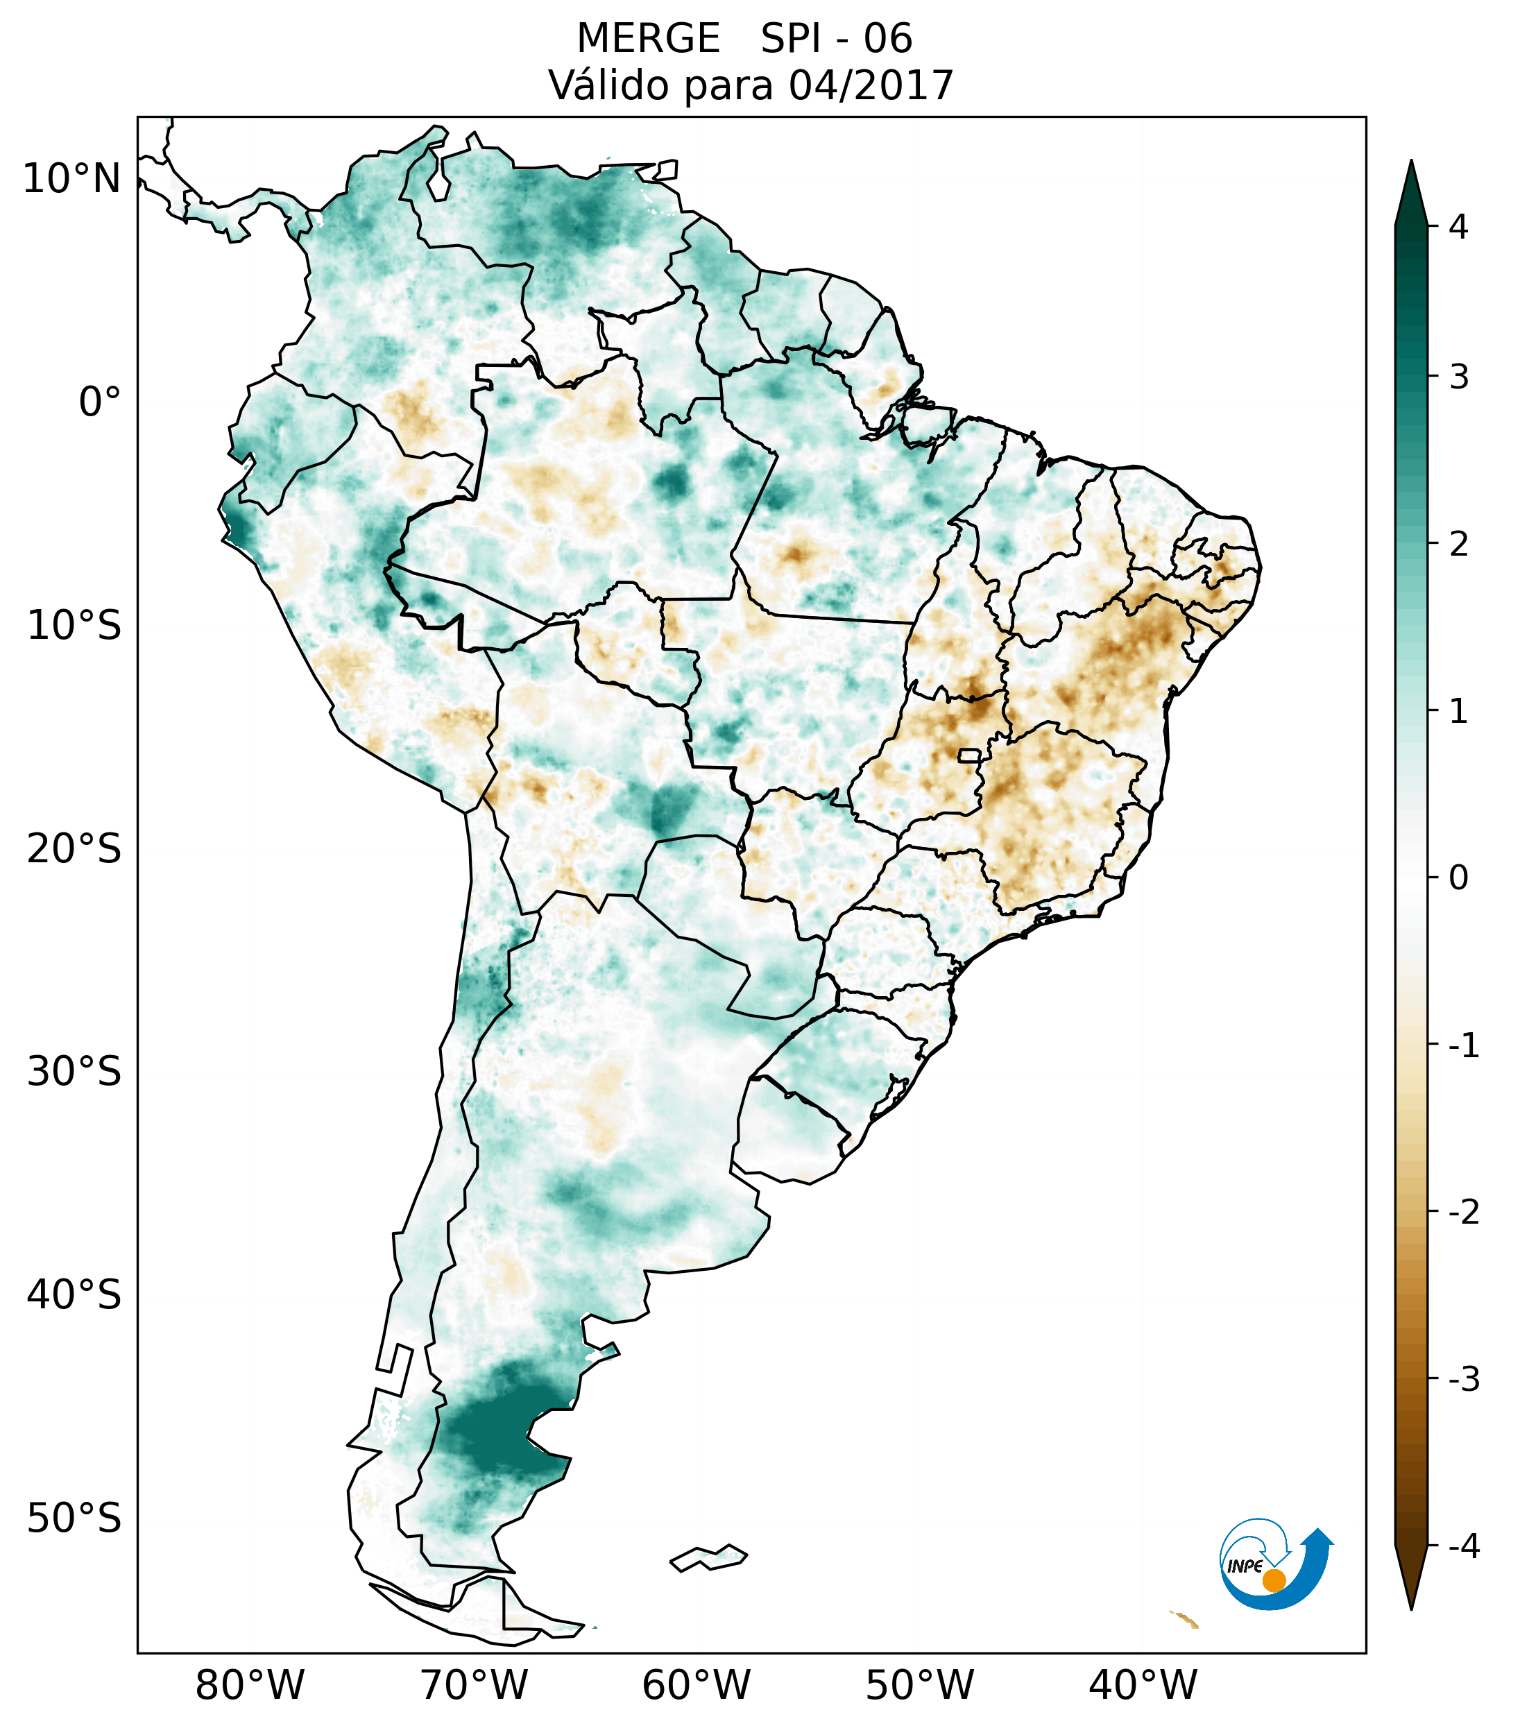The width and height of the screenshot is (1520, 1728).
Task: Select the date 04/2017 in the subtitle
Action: [871, 85]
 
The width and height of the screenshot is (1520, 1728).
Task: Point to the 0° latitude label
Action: [100, 402]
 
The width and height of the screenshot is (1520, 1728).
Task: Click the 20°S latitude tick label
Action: [74, 849]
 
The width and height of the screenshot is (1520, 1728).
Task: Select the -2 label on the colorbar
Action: [1463, 1213]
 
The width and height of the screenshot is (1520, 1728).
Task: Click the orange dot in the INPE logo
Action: [1273, 1580]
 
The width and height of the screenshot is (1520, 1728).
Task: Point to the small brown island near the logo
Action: [1185, 1619]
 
